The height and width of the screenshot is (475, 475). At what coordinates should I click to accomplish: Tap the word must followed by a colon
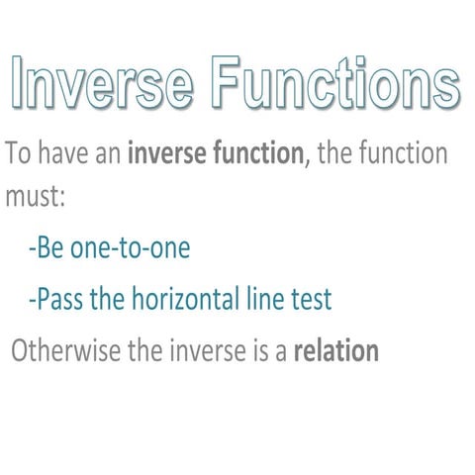click(31, 197)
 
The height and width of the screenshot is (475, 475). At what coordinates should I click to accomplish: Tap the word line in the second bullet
click(265, 299)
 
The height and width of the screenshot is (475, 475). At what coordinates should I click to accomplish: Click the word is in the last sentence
click(254, 351)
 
